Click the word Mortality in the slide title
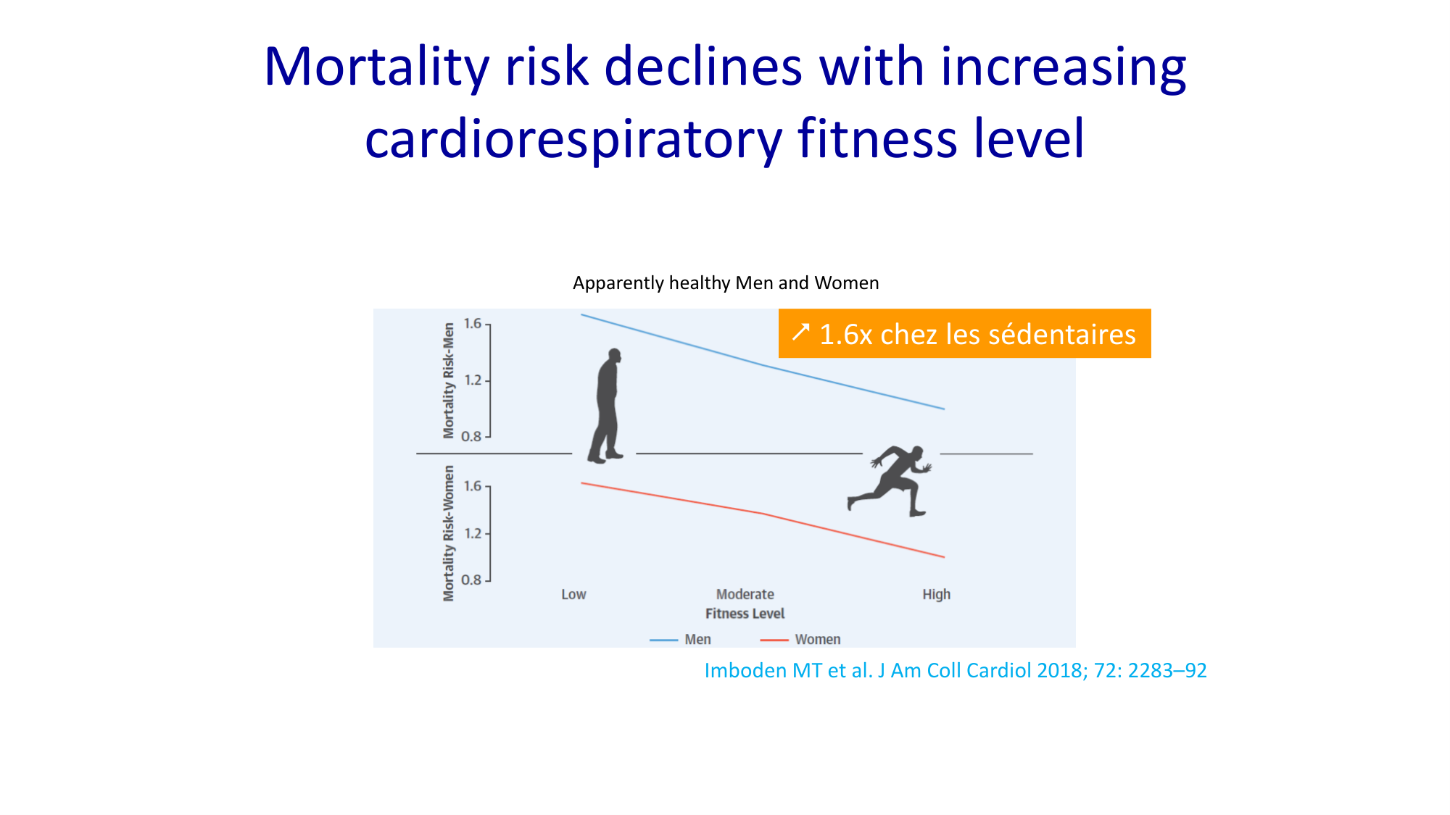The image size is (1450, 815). point(376,67)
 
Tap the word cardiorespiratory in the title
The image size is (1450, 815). point(573,139)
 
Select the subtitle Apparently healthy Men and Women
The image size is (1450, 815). point(726,283)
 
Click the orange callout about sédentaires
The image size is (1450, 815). point(964,334)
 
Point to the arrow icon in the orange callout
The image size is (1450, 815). point(800,333)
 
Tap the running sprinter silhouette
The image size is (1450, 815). point(890,480)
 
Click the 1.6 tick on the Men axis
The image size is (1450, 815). point(473,324)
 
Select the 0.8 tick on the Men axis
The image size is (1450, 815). point(472,436)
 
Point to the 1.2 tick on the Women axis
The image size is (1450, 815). point(473,533)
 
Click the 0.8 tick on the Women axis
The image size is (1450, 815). point(472,580)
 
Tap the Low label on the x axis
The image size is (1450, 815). point(573,595)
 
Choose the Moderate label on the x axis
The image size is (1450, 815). point(745,595)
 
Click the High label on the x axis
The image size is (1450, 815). point(936,595)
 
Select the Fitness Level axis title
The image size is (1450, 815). point(745,614)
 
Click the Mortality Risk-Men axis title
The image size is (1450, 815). point(449,381)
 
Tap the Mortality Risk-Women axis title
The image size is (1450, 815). point(449,533)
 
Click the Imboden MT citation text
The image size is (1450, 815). point(956,671)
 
